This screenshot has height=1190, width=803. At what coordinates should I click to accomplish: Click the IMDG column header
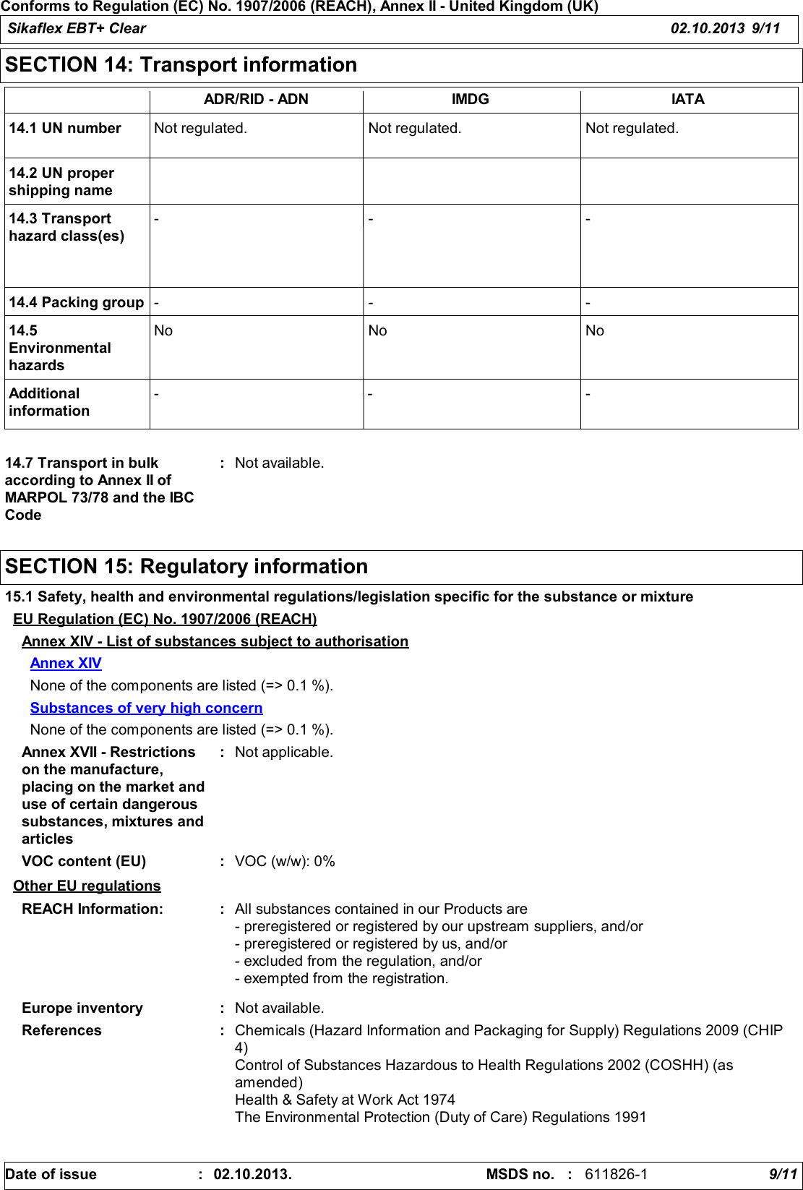(x=471, y=100)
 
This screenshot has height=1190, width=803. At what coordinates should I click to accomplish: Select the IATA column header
(x=687, y=100)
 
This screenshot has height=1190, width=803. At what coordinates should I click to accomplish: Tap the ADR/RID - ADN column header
(x=256, y=100)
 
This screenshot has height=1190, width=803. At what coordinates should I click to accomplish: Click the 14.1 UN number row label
(x=65, y=129)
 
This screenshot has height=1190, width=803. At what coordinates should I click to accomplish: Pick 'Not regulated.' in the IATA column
(x=632, y=129)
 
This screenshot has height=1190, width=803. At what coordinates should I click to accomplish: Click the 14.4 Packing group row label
(x=77, y=303)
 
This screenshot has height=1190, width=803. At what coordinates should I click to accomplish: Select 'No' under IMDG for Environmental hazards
(x=377, y=331)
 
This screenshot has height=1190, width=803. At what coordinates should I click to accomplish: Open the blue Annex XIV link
(x=66, y=664)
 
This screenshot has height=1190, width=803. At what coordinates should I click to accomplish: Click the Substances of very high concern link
(x=146, y=709)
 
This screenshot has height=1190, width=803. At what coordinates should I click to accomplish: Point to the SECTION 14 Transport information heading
(x=181, y=65)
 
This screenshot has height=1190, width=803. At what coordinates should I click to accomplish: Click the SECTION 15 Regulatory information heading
(x=186, y=567)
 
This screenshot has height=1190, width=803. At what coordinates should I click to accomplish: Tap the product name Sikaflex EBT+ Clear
(x=77, y=29)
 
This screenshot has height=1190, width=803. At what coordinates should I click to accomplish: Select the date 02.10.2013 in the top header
(x=707, y=29)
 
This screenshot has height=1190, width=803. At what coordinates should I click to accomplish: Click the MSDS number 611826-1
(x=616, y=1175)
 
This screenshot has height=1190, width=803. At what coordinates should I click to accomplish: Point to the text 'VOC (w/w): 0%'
(x=285, y=862)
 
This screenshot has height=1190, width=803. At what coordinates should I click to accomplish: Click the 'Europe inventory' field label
(x=82, y=1009)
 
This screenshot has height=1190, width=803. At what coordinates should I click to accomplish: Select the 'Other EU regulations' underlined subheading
(x=87, y=886)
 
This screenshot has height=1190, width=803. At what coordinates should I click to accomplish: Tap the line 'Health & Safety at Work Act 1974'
(x=345, y=1100)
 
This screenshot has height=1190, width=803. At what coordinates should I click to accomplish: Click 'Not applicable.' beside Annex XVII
(x=284, y=753)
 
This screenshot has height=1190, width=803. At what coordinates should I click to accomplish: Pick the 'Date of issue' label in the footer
(x=51, y=1175)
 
